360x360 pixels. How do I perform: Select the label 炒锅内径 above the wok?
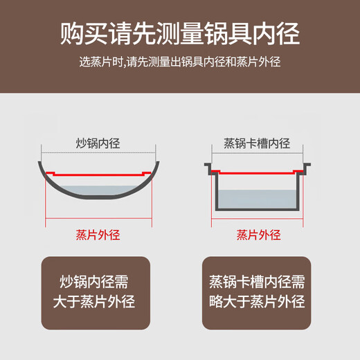[98, 144]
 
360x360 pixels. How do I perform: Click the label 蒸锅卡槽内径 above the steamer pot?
[257, 144]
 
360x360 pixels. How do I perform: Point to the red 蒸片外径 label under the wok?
[97, 235]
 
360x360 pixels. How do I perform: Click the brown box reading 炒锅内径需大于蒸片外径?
[96, 293]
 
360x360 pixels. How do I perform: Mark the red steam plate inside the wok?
[97, 174]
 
